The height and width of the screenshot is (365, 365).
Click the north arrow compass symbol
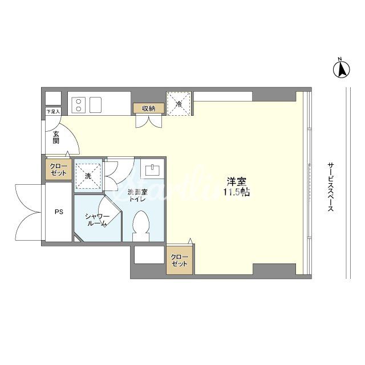coord(342,70)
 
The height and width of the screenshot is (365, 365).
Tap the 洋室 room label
coord(237,181)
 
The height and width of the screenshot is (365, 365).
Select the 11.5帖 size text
coord(237,192)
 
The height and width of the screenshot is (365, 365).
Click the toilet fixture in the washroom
coord(141,226)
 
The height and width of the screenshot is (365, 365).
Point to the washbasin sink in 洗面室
coord(152,169)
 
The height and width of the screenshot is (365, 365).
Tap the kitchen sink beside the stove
coord(95,105)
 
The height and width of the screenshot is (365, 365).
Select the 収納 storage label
coord(149,108)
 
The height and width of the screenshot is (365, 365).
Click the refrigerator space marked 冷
coord(179,103)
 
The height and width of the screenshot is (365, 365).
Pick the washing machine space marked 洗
coord(88,176)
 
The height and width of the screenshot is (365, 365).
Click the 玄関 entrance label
coord(56,137)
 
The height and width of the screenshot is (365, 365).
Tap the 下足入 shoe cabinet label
coord(53,112)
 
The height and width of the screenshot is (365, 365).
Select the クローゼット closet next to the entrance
coord(58,169)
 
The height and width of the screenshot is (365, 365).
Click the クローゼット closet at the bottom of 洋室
coord(179,260)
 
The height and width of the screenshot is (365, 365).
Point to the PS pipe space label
coord(59,212)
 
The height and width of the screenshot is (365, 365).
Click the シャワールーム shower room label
coord(97,220)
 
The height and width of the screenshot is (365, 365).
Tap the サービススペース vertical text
coord(330,187)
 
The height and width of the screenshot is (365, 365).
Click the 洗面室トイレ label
coord(137,196)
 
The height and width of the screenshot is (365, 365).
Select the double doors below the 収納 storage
coord(149,121)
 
